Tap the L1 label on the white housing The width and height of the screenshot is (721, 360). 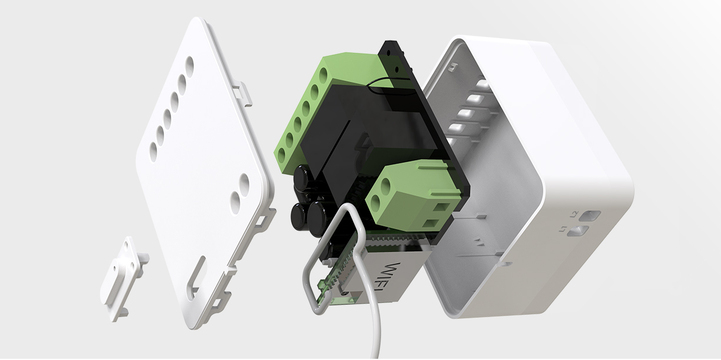563,229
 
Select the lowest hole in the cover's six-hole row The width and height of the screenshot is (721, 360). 153,150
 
